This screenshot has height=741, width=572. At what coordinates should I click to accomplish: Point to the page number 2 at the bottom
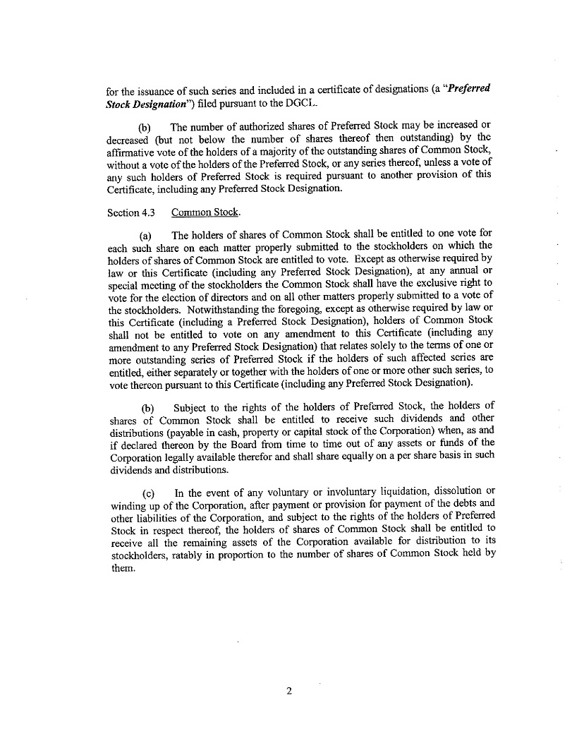pos(289,691)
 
